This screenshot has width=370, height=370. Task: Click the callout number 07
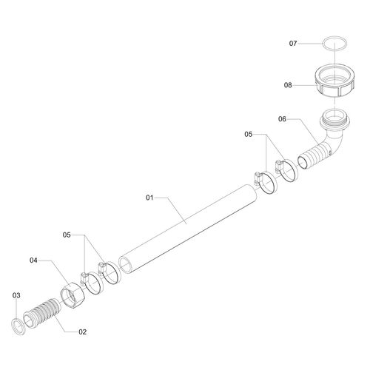[x=293, y=44]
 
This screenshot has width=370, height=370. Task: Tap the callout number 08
[x=288, y=85]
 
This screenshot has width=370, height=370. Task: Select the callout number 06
[x=282, y=119]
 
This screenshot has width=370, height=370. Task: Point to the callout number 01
[x=149, y=198]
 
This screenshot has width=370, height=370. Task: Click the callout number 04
[x=33, y=260]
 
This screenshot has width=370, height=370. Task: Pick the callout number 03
[x=16, y=295]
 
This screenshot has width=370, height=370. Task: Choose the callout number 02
[x=83, y=332]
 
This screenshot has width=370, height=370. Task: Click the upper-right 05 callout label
[x=249, y=134]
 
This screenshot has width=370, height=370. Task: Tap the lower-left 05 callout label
[x=67, y=235]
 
